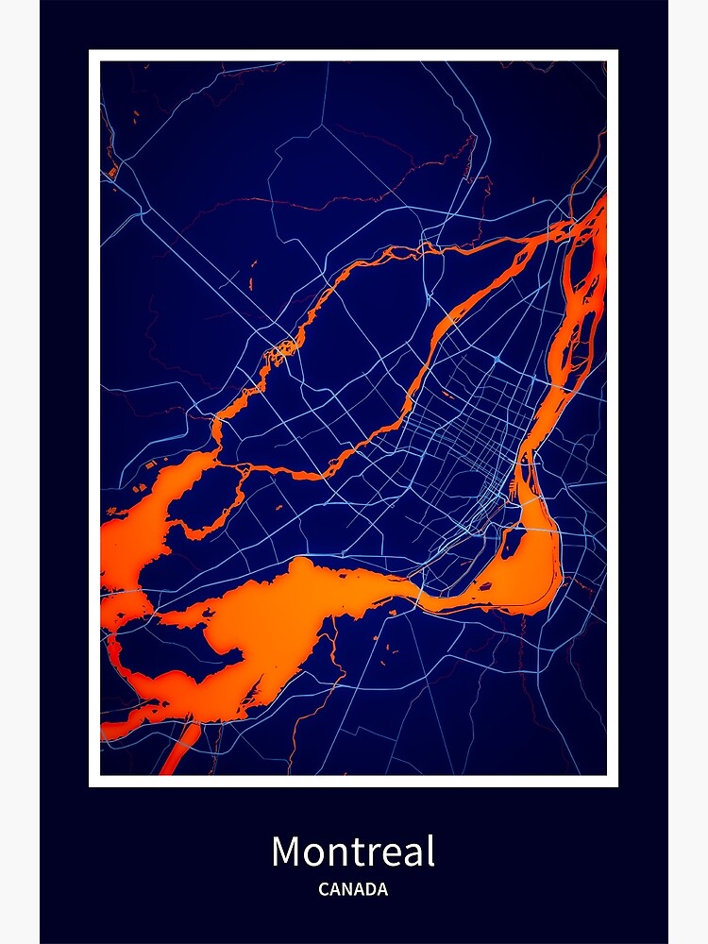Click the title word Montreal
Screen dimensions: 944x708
353,852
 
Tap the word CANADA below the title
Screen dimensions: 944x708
353,889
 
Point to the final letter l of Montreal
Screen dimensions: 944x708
430,851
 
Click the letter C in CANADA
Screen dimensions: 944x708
324,889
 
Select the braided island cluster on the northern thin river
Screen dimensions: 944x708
281,351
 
